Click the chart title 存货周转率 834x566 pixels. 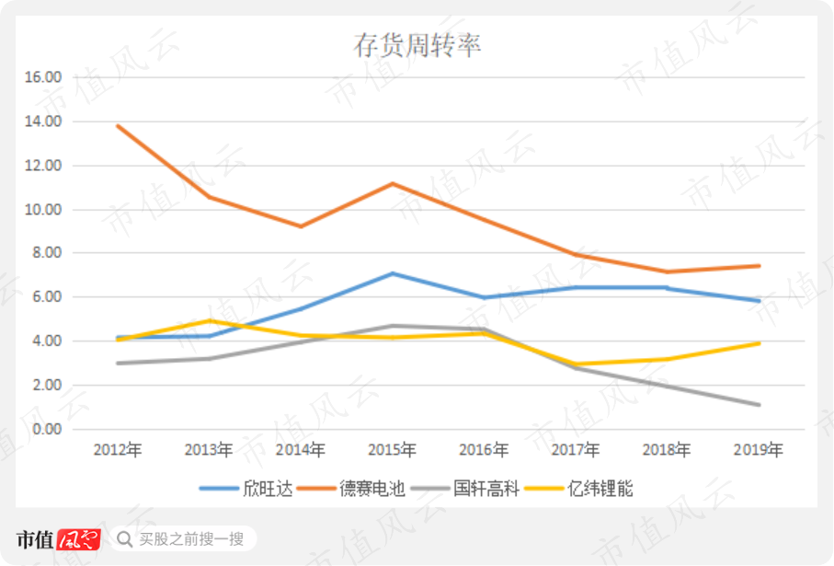click(x=417, y=45)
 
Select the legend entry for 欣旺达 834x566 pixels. click(x=246, y=489)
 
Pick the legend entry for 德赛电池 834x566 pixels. click(x=351, y=489)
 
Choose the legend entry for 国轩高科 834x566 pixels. click(x=465, y=489)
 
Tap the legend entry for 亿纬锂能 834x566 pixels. click(x=579, y=489)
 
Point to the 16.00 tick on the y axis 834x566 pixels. click(x=43, y=77)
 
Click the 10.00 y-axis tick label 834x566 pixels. click(x=43, y=210)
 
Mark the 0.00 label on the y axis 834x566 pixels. click(x=47, y=429)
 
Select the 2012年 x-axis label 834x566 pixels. click(x=118, y=450)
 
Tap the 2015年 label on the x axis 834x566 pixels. click(x=392, y=450)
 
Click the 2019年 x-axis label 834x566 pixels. click(x=758, y=450)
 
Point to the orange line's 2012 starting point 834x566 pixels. click(x=118, y=126)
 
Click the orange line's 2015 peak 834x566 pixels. click(x=392, y=184)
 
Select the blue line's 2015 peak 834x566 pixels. click(x=392, y=273)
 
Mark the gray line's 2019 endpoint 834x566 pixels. click(x=759, y=405)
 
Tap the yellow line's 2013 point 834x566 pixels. click(x=209, y=320)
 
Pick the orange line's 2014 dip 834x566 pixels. click(x=301, y=226)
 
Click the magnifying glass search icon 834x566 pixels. click(x=124, y=539)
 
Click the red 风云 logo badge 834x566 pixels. click(x=79, y=539)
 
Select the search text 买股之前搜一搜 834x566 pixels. click(x=191, y=538)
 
